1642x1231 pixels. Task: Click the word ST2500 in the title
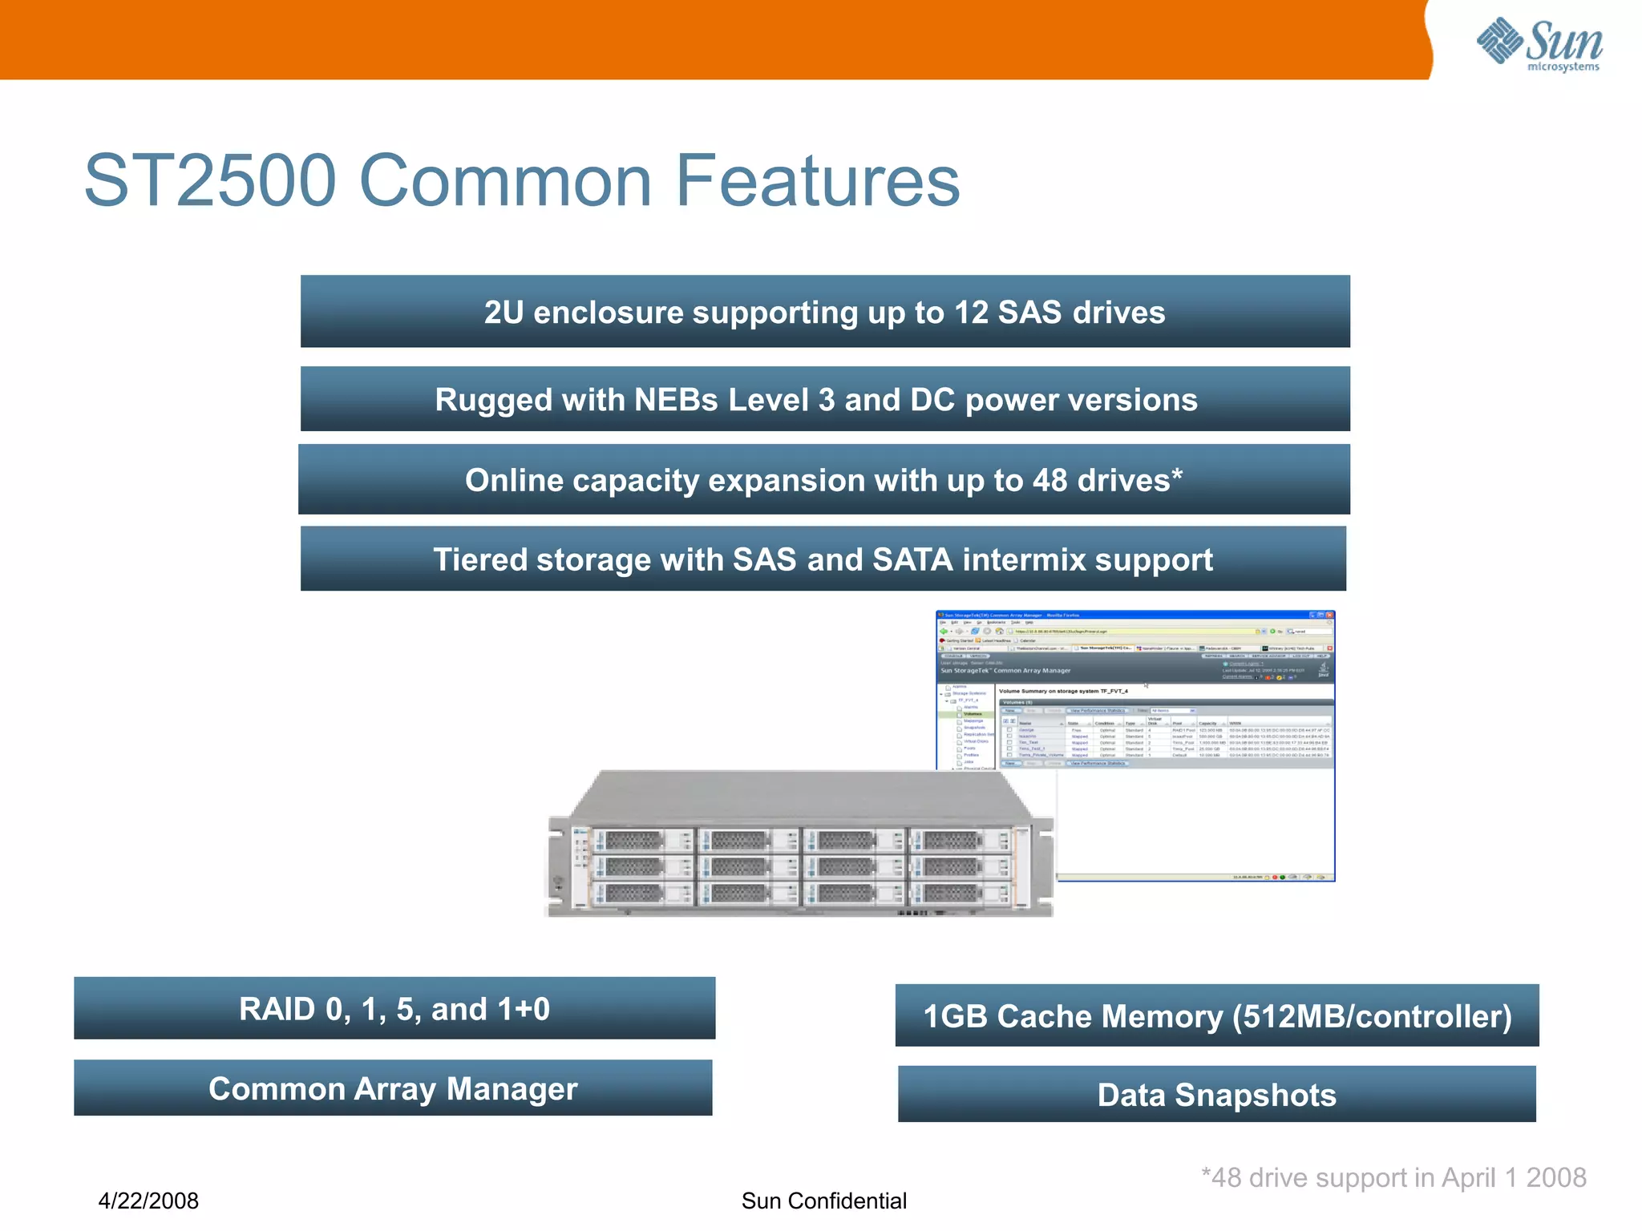click(210, 181)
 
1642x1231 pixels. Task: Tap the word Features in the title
click(818, 181)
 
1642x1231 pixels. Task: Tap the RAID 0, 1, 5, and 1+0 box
click(394, 1009)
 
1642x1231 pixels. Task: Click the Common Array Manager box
click(393, 1088)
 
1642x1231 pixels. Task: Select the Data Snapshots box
click(1216, 1095)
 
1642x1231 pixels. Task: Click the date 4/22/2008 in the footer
click(148, 1201)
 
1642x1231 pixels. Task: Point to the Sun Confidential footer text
click(823, 1201)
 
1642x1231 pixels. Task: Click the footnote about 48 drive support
click(1393, 1177)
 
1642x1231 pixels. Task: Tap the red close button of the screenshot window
click(1329, 615)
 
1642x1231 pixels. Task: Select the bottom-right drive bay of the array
click(958, 893)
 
